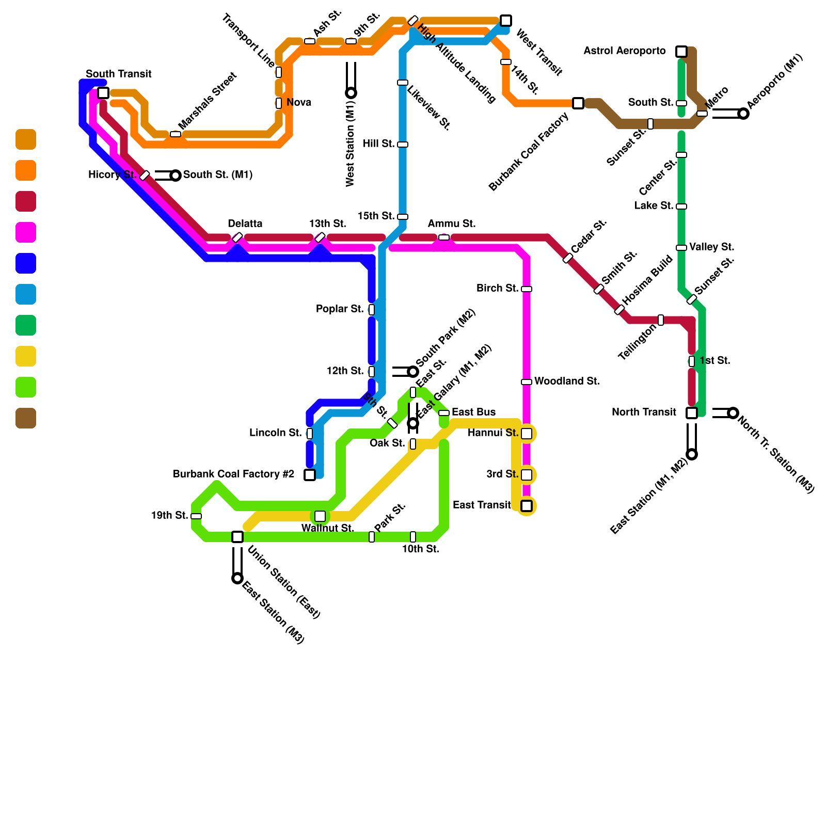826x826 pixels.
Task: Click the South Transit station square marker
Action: point(103,93)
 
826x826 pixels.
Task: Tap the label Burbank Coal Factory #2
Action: point(233,474)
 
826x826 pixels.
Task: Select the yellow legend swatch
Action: point(26,356)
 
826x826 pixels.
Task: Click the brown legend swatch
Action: point(26,418)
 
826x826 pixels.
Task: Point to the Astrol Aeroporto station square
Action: point(681,52)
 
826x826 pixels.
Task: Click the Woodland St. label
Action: point(567,382)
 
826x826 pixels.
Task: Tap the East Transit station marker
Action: point(527,506)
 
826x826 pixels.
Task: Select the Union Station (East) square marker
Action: point(237,537)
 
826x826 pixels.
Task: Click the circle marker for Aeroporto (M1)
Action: point(743,114)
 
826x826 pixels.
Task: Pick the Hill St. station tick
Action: point(403,145)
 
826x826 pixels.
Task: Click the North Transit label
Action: point(644,412)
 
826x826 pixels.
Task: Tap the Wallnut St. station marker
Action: point(320,516)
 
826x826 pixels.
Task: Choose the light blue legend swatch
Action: point(26,294)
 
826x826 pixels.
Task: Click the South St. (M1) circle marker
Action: point(176,176)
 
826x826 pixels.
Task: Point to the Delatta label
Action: point(245,224)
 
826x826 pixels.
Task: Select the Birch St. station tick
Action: point(527,289)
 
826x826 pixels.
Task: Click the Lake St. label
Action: point(654,205)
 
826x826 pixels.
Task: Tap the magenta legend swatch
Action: point(26,232)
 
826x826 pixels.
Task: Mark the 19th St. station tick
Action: point(196,516)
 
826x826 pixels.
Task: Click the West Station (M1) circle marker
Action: point(351,93)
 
